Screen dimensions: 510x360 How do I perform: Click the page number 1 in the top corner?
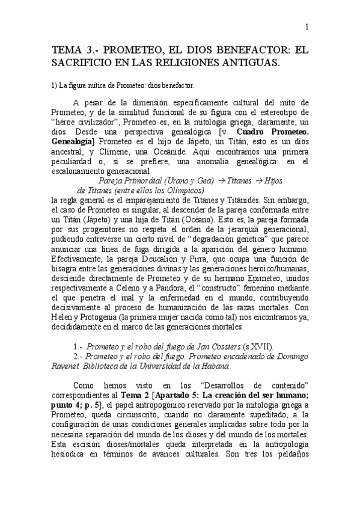pyautogui.click(x=307, y=26)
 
